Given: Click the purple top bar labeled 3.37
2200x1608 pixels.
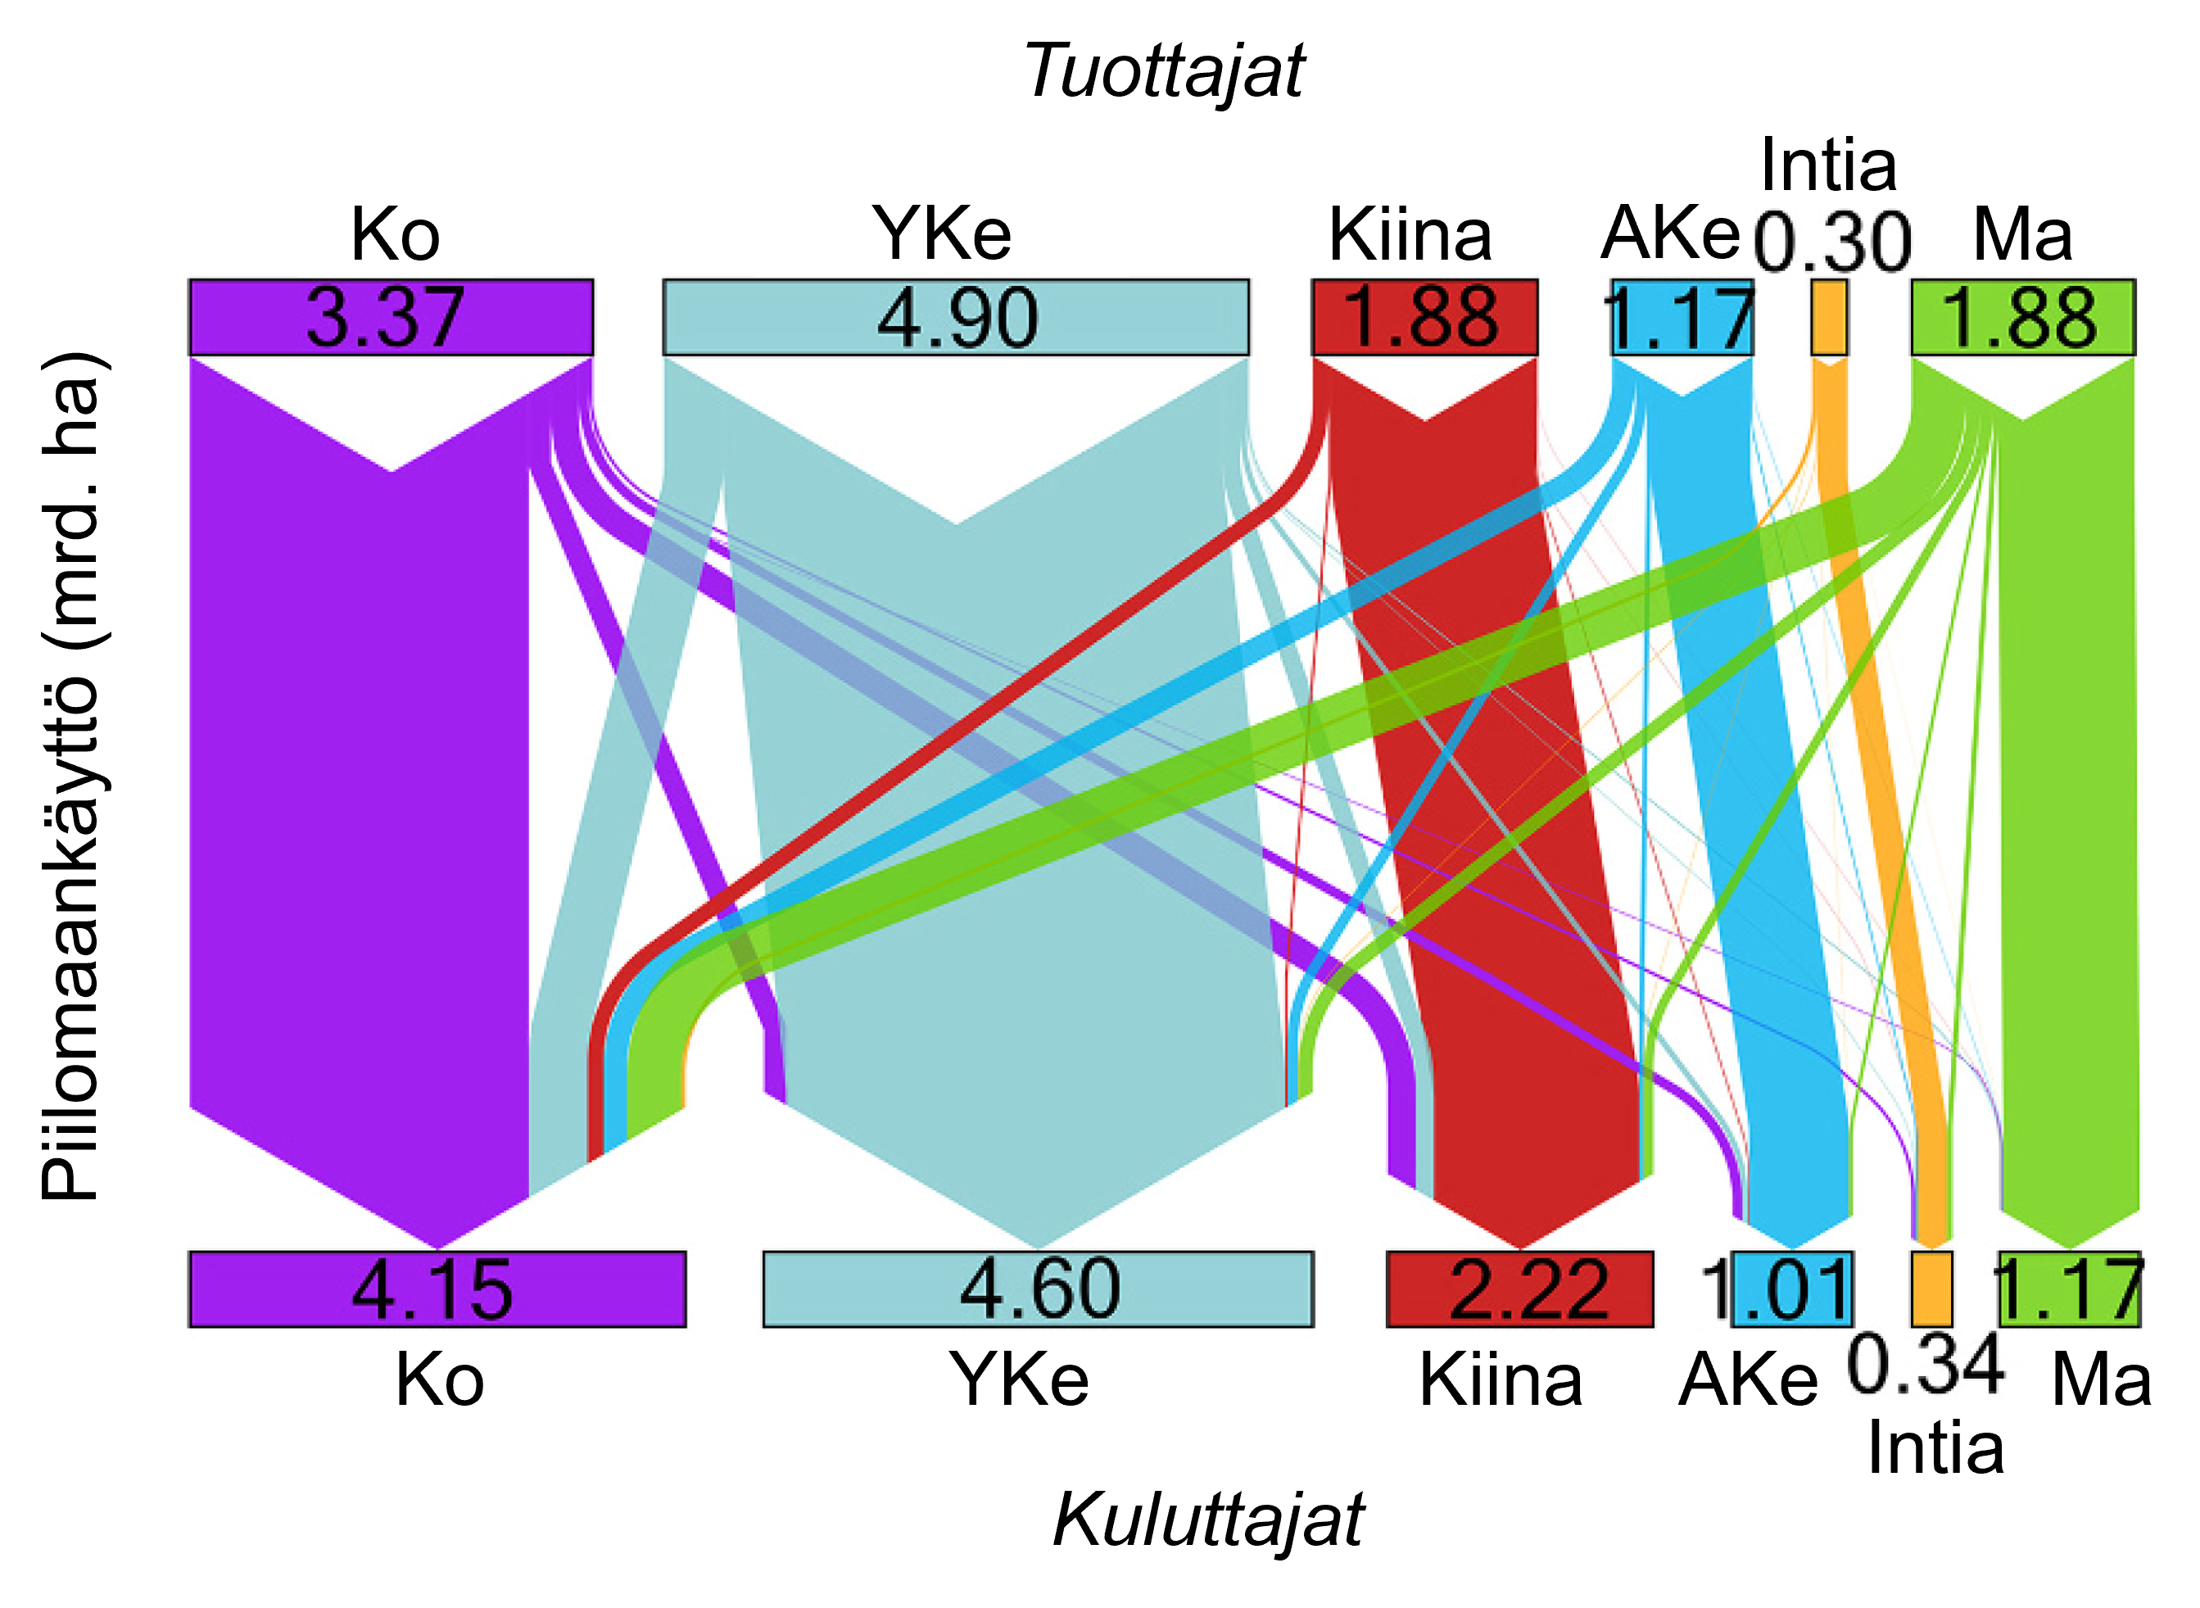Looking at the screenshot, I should click(x=390, y=317).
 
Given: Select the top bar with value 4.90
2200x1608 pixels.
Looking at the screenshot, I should click(x=956, y=317).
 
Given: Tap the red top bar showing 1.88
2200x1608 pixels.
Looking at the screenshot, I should click(x=1424, y=317).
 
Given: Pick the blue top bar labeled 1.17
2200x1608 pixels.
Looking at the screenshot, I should click(x=1682, y=317).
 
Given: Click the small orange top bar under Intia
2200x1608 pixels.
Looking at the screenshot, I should click(x=1828, y=317).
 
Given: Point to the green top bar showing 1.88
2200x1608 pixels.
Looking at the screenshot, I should click(x=2023, y=317).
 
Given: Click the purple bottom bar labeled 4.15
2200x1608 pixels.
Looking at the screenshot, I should click(x=437, y=1289).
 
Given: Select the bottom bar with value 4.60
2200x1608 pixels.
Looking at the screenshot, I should click(x=1039, y=1289).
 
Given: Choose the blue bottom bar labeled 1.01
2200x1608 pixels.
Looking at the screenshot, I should click(x=1792, y=1289).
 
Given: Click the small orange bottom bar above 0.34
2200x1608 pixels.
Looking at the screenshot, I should click(x=1931, y=1289).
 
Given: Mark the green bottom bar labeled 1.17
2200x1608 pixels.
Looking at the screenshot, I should click(x=2070, y=1289).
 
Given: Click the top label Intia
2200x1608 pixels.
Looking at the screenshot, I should click(x=1828, y=164).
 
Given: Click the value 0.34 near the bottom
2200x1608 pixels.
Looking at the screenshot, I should click(x=1924, y=1365).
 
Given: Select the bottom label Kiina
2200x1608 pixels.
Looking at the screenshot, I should click(x=1501, y=1379).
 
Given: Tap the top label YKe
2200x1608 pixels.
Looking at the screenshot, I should click(x=942, y=233).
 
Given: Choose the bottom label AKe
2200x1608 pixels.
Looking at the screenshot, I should click(x=1748, y=1379).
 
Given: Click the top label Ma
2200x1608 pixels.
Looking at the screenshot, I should click(x=2022, y=233).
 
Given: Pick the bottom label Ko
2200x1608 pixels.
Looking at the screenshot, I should click(x=439, y=1379).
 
